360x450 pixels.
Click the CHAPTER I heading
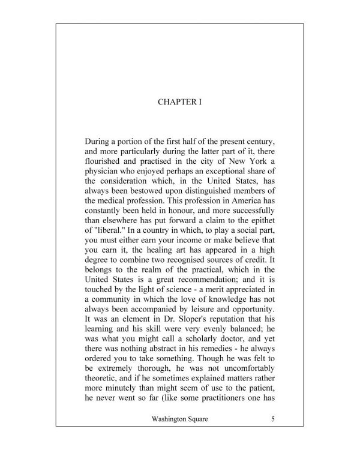[179, 102]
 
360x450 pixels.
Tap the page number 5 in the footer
[272, 419]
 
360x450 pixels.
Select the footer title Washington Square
[179, 419]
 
